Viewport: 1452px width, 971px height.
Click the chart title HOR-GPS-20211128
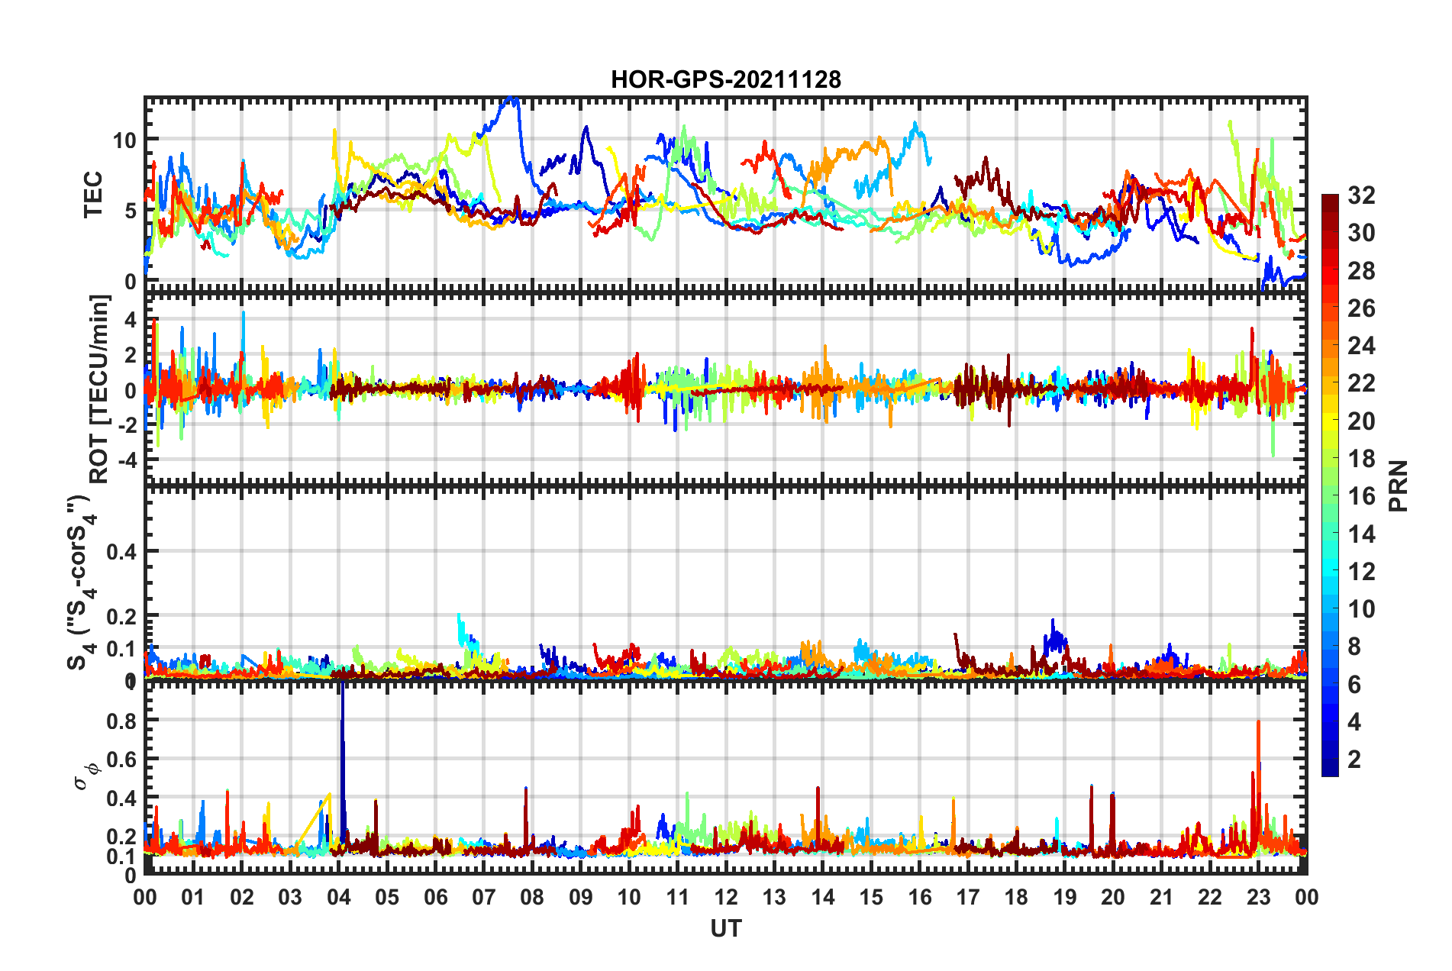click(x=725, y=79)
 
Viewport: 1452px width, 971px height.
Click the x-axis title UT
click(x=725, y=928)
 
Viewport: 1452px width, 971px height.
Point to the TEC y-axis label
click(x=93, y=195)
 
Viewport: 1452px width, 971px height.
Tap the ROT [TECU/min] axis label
click(x=99, y=389)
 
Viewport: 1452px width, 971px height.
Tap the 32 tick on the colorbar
click(x=1361, y=195)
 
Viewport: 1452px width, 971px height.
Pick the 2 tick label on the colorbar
click(x=1354, y=759)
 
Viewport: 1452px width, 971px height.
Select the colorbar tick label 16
click(x=1361, y=496)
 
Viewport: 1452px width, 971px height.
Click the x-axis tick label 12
click(x=725, y=897)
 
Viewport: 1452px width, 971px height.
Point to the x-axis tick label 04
click(x=338, y=897)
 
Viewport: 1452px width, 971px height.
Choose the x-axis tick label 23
click(x=1258, y=897)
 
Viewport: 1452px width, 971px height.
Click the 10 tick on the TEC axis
click(x=124, y=140)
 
